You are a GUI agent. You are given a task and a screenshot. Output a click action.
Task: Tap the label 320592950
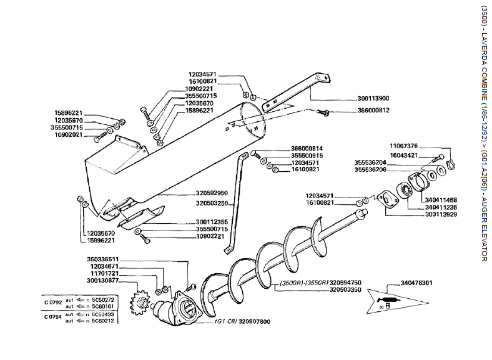pos(211,193)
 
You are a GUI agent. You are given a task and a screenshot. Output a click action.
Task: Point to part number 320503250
pos(211,203)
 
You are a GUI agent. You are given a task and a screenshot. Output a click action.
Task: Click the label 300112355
pos(211,221)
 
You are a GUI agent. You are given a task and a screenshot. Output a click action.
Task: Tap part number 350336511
pos(102,258)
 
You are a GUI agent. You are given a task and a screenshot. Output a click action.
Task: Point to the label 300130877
pos(102,281)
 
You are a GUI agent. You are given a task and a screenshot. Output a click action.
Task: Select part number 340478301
pos(416,282)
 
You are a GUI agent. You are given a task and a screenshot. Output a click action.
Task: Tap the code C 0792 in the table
pos(53,303)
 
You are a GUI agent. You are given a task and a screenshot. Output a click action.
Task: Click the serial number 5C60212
pos(101,321)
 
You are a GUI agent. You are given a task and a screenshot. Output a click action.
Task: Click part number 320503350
pos(347,290)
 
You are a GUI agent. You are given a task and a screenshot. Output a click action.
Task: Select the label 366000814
pos(307,147)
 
